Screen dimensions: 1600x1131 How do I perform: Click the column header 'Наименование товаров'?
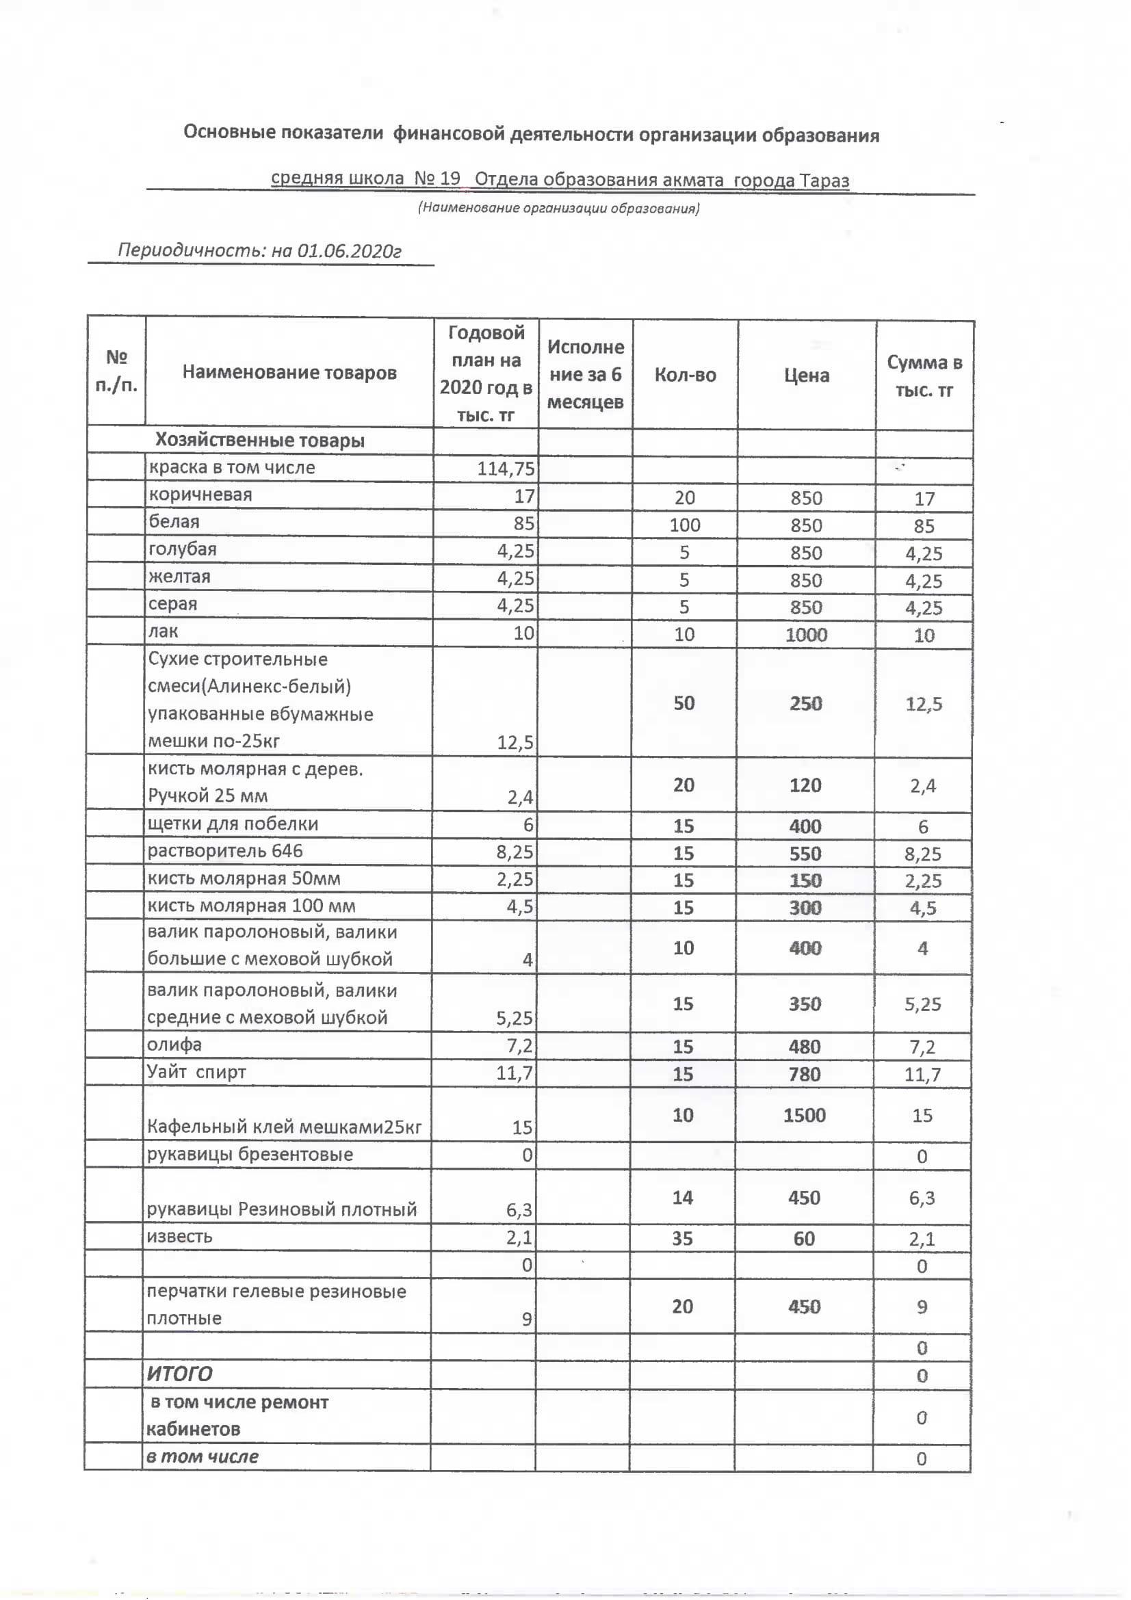point(289,373)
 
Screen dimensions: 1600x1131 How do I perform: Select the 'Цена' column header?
point(806,376)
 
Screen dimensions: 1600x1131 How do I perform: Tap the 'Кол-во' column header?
point(685,375)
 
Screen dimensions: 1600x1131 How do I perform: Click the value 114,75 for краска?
point(505,469)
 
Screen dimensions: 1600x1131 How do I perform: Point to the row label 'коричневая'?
point(200,495)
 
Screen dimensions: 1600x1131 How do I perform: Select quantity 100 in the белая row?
point(684,525)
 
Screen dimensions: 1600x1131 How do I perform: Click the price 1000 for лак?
point(806,635)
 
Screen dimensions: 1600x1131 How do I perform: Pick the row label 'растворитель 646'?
point(224,851)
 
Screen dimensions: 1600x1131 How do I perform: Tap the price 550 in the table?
point(805,854)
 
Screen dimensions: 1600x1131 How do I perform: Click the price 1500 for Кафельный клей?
point(804,1115)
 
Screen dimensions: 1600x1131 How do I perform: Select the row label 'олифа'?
point(174,1045)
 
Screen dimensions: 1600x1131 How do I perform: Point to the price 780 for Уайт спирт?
point(804,1074)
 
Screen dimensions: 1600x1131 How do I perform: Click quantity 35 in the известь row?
point(682,1238)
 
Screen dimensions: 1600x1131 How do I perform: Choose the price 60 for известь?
point(804,1238)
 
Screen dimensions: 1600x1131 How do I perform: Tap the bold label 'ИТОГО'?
point(179,1374)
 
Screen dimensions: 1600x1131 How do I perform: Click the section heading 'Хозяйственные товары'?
point(259,441)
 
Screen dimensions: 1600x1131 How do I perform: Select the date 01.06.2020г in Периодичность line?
point(349,251)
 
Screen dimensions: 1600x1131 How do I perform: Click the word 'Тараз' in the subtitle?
point(824,181)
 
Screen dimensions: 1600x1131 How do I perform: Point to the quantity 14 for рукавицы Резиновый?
point(682,1197)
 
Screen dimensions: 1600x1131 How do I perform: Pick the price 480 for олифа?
point(804,1046)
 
